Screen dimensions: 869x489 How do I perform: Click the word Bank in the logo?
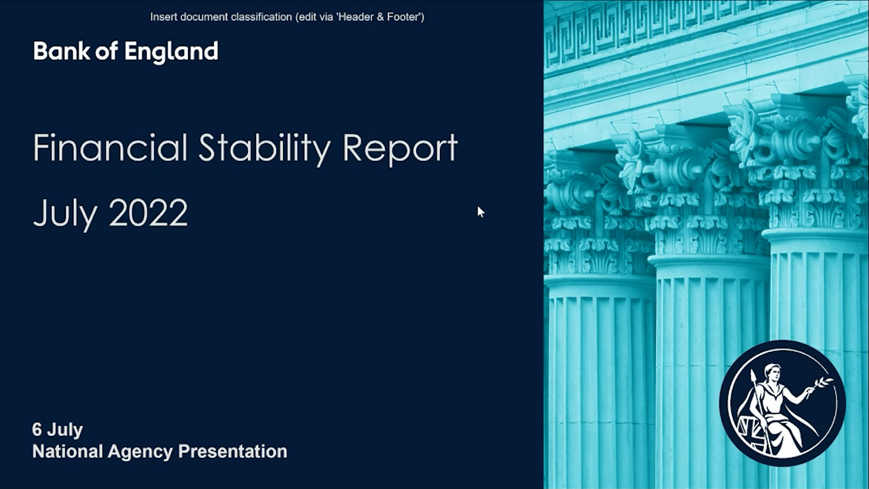click(61, 51)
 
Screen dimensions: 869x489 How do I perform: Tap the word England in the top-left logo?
click(172, 53)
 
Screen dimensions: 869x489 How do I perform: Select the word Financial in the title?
click(110, 147)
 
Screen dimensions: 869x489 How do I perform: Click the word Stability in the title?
click(265, 149)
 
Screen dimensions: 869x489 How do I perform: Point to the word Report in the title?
click(401, 149)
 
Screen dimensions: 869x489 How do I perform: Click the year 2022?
click(149, 213)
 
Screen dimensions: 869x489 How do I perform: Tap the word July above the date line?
click(65, 215)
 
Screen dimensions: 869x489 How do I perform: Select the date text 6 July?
click(58, 430)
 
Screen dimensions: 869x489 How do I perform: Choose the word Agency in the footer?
click(140, 452)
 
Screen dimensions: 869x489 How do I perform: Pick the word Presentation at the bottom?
click(232, 452)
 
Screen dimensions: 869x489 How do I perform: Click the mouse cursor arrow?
click(481, 212)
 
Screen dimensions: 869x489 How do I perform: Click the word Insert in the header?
click(164, 17)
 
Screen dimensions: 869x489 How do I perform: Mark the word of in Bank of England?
click(107, 51)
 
